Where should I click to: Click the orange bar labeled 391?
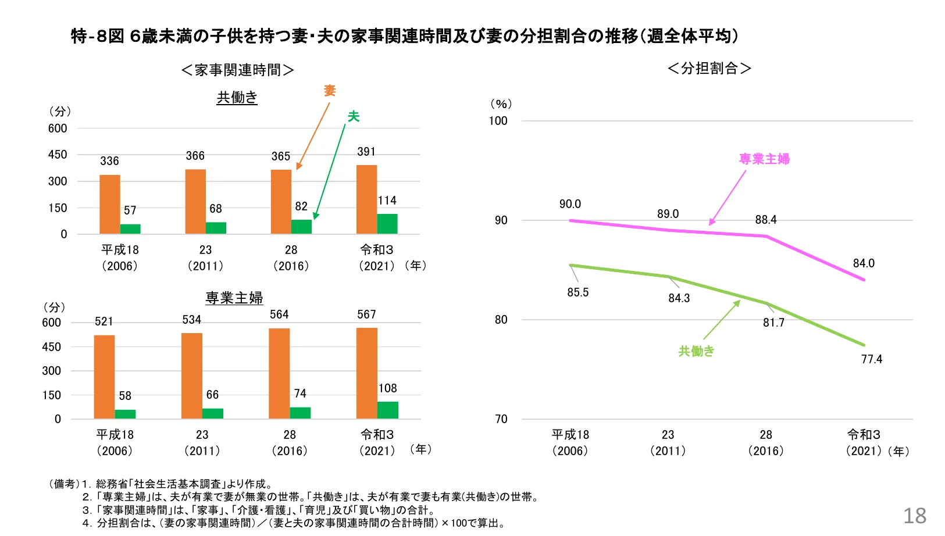tap(366, 199)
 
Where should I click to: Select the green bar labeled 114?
tap(387, 224)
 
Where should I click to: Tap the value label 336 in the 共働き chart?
tap(109, 161)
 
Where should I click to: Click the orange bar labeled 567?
tap(366, 373)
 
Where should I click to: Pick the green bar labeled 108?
tap(387, 410)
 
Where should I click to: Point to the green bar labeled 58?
tap(125, 414)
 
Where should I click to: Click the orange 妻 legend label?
tap(330, 91)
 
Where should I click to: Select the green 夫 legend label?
tap(353, 117)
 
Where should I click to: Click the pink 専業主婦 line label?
tap(764, 159)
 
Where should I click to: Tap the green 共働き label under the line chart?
tap(696, 351)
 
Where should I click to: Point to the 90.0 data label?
tap(570, 204)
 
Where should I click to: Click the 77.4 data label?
tap(871, 359)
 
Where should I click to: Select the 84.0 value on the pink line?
tap(864, 263)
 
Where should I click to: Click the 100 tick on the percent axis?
tap(498, 121)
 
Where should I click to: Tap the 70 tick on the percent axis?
tap(501, 419)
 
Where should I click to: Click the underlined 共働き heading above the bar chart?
tap(237, 98)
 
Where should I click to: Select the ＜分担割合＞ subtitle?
tap(709, 69)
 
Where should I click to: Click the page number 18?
tap(914, 516)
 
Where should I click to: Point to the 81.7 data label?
tap(773, 323)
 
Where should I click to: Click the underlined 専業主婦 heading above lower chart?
tap(234, 298)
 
